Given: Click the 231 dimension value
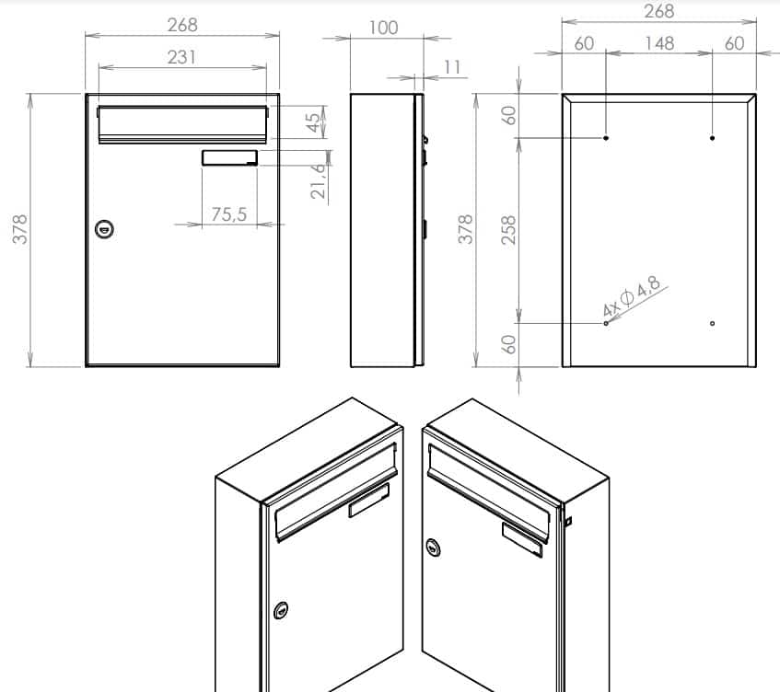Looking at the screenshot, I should (182, 57).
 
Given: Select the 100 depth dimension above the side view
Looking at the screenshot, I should (383, 28).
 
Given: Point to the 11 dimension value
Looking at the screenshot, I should (451, 67).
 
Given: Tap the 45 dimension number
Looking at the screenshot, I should (315, 123).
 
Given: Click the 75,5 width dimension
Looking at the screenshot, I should (229, 214).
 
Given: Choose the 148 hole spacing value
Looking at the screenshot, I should (659, 43).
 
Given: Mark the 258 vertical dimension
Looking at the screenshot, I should (508, 229).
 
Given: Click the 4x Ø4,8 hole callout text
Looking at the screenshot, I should (633, 299).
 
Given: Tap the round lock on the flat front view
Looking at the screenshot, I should (104, 228).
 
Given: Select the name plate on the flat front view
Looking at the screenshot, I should (229, 158).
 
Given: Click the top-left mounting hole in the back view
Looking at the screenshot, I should (606, 138).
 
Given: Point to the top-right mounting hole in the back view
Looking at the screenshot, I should (713, 138).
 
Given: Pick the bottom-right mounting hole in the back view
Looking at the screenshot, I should (713, 323).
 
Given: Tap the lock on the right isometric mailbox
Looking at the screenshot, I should (432, 549).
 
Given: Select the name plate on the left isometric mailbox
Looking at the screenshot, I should (369, 500).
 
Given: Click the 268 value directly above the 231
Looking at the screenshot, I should (182, 25).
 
